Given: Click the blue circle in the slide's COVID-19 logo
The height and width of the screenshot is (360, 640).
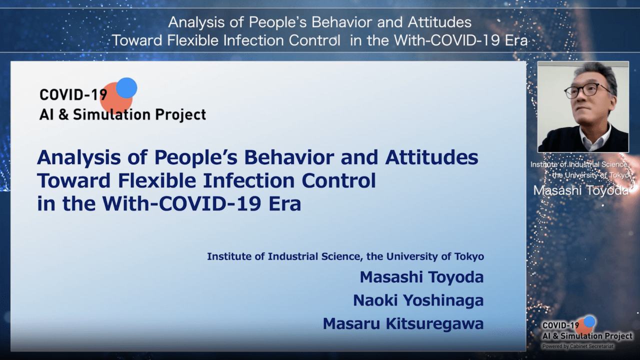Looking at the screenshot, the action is pyautogui.click(x=126, y=87).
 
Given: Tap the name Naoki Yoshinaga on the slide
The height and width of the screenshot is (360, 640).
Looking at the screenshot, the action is pyautogui.click(x=418, y=300).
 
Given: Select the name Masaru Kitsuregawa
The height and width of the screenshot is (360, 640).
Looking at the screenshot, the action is pyautogui.click(x=403, y=323).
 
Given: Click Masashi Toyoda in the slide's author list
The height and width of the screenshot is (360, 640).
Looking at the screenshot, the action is pyautogui.click(x=421, y=277).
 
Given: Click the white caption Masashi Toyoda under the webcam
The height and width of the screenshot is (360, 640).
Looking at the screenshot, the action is pyautogui.click(x=581, y=190).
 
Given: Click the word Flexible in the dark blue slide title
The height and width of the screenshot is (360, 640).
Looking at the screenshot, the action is pyautogui.click(x=157, y=180).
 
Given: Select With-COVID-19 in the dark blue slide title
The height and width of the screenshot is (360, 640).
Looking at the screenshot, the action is pyautogui.click(x=182, y=203).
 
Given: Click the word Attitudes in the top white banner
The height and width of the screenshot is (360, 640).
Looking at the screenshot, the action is pyautogui.click(x=439, y=22).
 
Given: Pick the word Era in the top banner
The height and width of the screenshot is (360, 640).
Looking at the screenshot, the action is pyautogui.click(x=516, y=40).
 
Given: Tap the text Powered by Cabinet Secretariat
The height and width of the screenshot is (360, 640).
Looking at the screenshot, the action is pyautogui.click(x=577, y=346).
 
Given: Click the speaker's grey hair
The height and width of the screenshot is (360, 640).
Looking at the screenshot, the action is pyautogui.click(x=595, y=73).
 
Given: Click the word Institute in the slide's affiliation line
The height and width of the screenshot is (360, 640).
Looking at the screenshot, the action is pyautogui.click(x=229, y=256).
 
